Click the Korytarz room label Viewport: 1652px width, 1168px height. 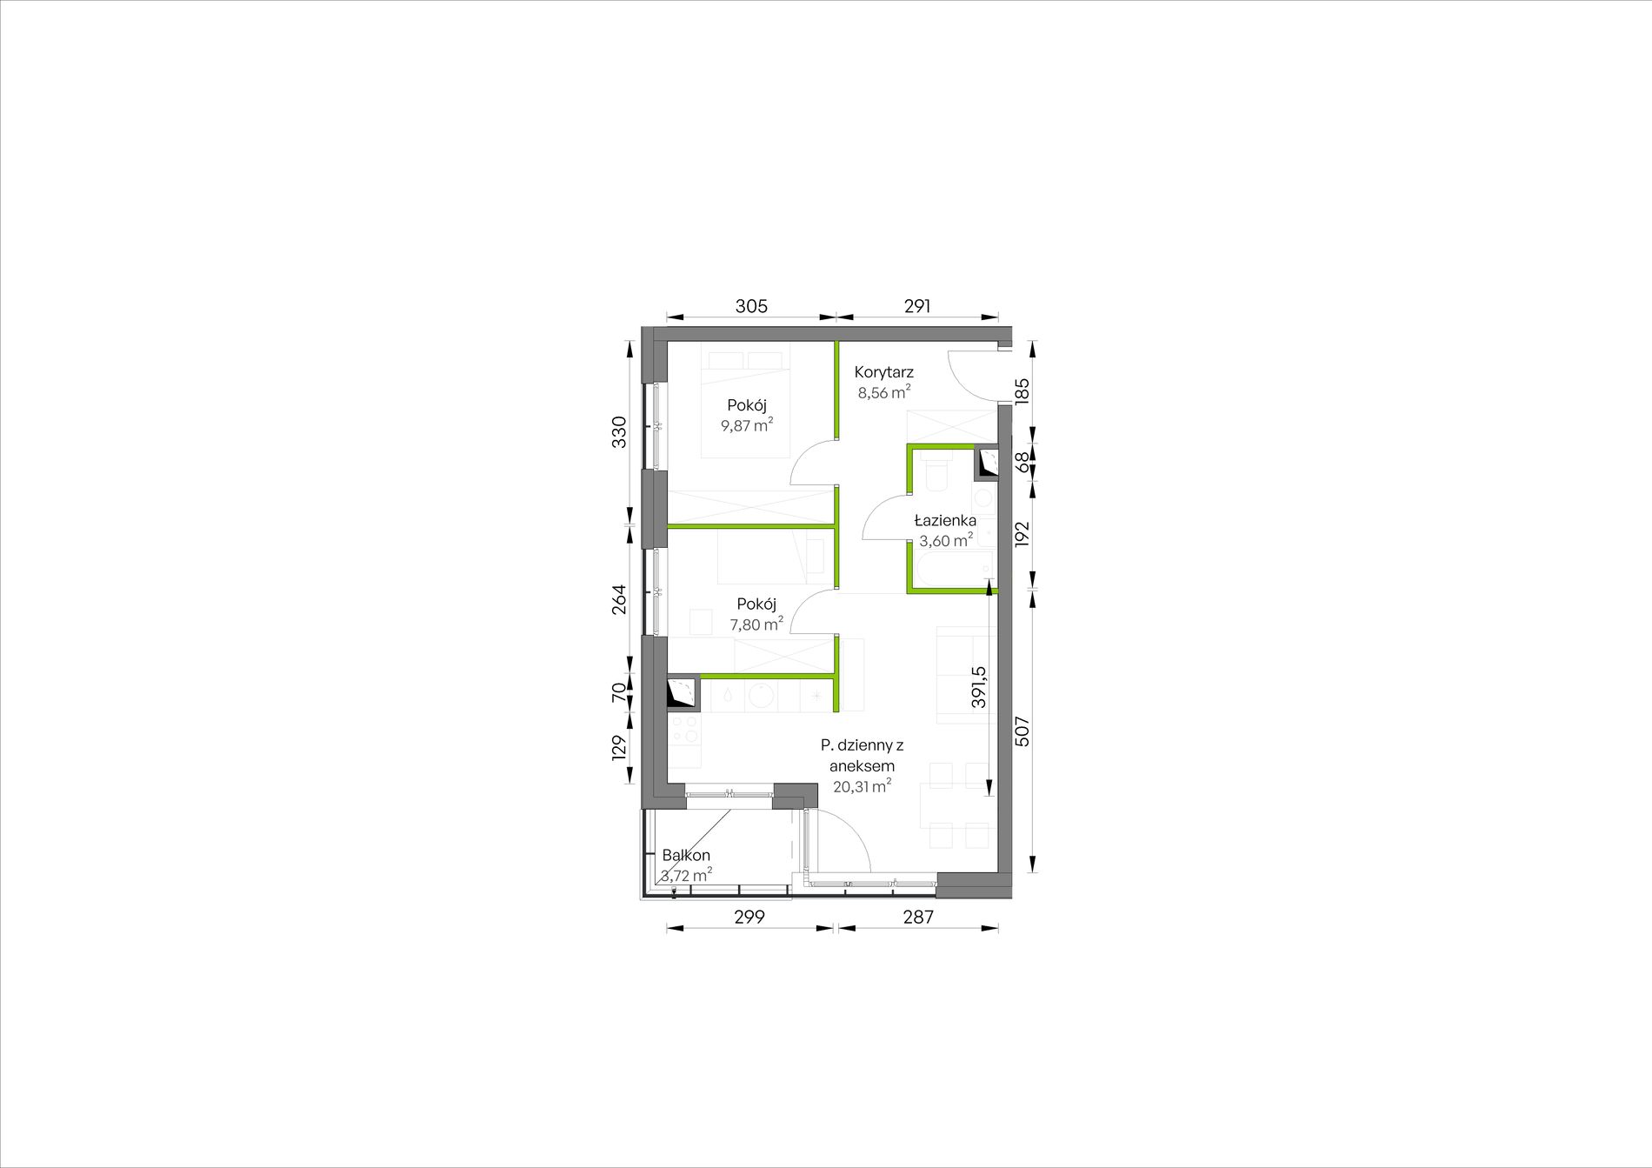pos(883,372)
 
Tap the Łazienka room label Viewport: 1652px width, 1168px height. pos(945,520)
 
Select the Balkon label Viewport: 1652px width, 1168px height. pos(686,856)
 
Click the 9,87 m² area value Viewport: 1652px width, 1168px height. pos(747,425)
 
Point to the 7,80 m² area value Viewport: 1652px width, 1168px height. pos(756,624)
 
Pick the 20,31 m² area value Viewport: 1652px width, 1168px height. pos(862,786)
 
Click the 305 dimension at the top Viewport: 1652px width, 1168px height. pos(751,306)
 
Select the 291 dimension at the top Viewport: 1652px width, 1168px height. pos(917,306)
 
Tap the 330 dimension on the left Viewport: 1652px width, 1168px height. pos(619,432)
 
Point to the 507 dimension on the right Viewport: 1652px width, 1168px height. pos(1023,731)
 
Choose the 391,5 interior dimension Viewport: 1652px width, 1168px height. pos(979,687)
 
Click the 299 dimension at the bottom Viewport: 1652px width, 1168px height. pos(749,917)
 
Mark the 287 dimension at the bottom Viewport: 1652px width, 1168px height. pos(918,917)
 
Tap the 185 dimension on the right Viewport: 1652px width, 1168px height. pos(1023,390)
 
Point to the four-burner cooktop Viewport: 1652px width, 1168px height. pos(684,729)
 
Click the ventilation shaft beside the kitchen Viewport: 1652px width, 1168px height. pos(683,692)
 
